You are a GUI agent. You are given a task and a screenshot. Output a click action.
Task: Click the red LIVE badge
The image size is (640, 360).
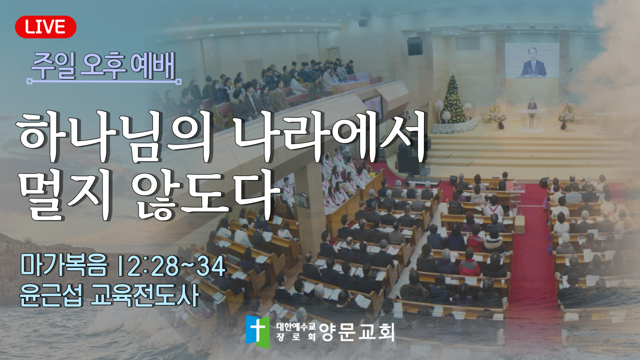[x=45, y=27]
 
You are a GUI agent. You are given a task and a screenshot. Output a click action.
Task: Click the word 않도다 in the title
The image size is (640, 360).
[x=205, y=193]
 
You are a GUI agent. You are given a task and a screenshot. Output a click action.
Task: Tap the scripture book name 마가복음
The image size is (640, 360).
[x=63, y=265]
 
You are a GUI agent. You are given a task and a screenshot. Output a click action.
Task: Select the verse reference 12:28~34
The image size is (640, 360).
[x=172, y=265]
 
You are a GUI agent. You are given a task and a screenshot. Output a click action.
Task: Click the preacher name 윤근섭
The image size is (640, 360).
[x=51, y=295]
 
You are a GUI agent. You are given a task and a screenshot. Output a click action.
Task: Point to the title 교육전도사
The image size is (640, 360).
[x=144, y=295]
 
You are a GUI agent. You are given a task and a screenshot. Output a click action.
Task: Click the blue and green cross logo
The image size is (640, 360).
[x=257, y=331]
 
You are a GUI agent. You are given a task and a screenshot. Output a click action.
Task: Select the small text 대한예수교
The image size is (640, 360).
[x=295, y=326]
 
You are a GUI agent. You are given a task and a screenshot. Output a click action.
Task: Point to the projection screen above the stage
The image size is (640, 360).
[x=531, y=60]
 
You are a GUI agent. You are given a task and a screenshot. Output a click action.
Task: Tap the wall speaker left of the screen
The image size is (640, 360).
[x=415, y=46]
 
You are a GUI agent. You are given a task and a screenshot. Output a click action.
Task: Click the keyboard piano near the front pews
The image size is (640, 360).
[x=422, y=181]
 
